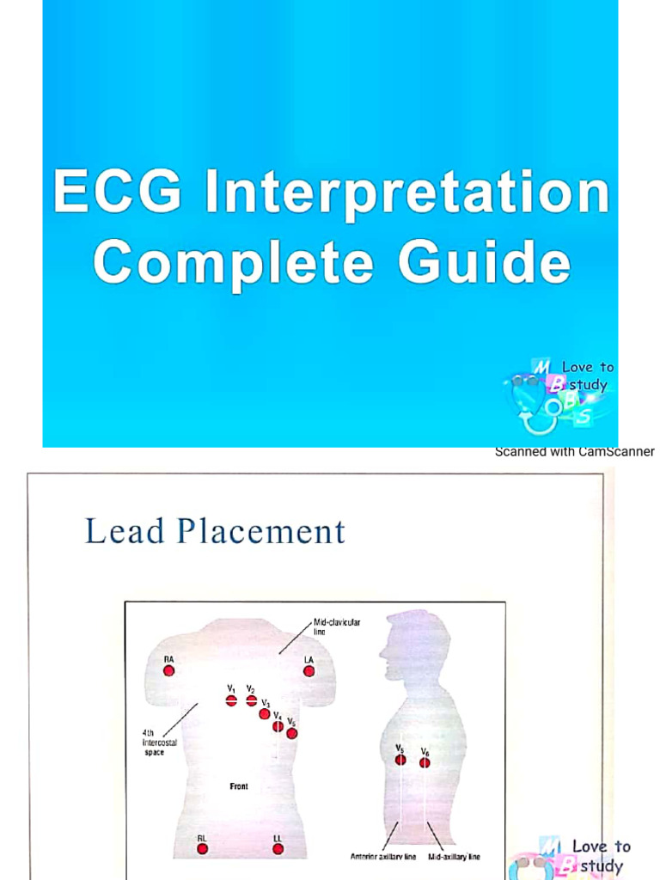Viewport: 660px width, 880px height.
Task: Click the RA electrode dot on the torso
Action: pyautogui.click(x=168, y=670)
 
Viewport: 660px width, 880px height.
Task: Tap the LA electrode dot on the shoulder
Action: pyautogui.click(x=309, y=671)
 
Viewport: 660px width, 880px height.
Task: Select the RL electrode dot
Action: pyautogui.click(x=202, y=848)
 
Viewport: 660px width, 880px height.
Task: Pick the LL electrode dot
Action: pyautogui.click(x=278, y=848)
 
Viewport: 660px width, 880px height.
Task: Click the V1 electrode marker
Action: pyautogui.click(x=231, y=701)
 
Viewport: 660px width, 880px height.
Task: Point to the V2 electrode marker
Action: pyautogui.click(x=251, y=701)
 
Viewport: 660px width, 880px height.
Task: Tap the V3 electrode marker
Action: pyautogui.click(x=265, y=713)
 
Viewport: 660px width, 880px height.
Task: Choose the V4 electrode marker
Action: pyautogui.click(x=278, y=726)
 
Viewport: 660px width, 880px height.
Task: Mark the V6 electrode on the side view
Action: pyautogui.click(x=425, y=762)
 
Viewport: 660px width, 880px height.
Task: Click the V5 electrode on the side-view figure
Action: pyautogui.click(x=400, y=760)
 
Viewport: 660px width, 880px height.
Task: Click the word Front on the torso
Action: pyautogui.click(x=239, y=786)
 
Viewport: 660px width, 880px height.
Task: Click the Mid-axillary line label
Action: pyautogui.click(x=455, y=857)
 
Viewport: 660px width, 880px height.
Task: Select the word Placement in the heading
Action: pyautogui.click(x=261, y=531)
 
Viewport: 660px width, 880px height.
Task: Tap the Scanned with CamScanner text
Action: pyautogui.click(x=574, y=451)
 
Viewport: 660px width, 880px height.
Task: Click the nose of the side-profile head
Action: pyautogui.click(x=382, y=651)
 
